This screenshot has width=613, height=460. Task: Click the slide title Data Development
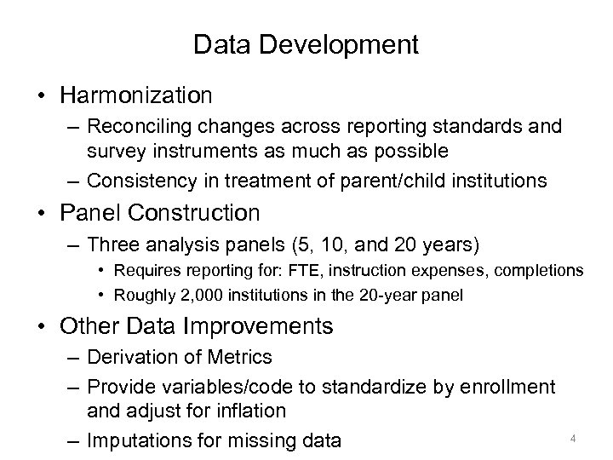306,44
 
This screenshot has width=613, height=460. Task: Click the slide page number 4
573,439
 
